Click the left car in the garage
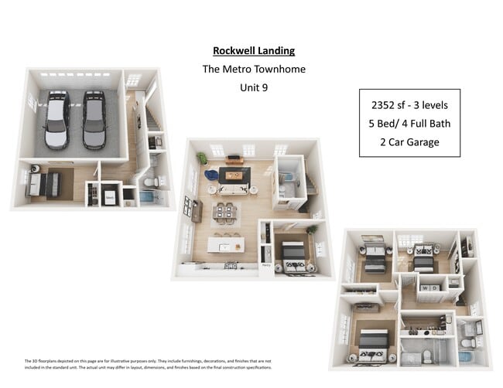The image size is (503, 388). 56,119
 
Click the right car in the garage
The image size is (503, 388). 94,119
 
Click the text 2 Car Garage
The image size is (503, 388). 409,141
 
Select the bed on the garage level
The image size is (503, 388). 44,184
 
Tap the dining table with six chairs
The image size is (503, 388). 225,211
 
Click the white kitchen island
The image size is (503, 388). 225,245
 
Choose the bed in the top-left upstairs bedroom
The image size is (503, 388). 375,258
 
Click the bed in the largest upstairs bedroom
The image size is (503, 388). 371,342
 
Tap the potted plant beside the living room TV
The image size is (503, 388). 203,158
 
